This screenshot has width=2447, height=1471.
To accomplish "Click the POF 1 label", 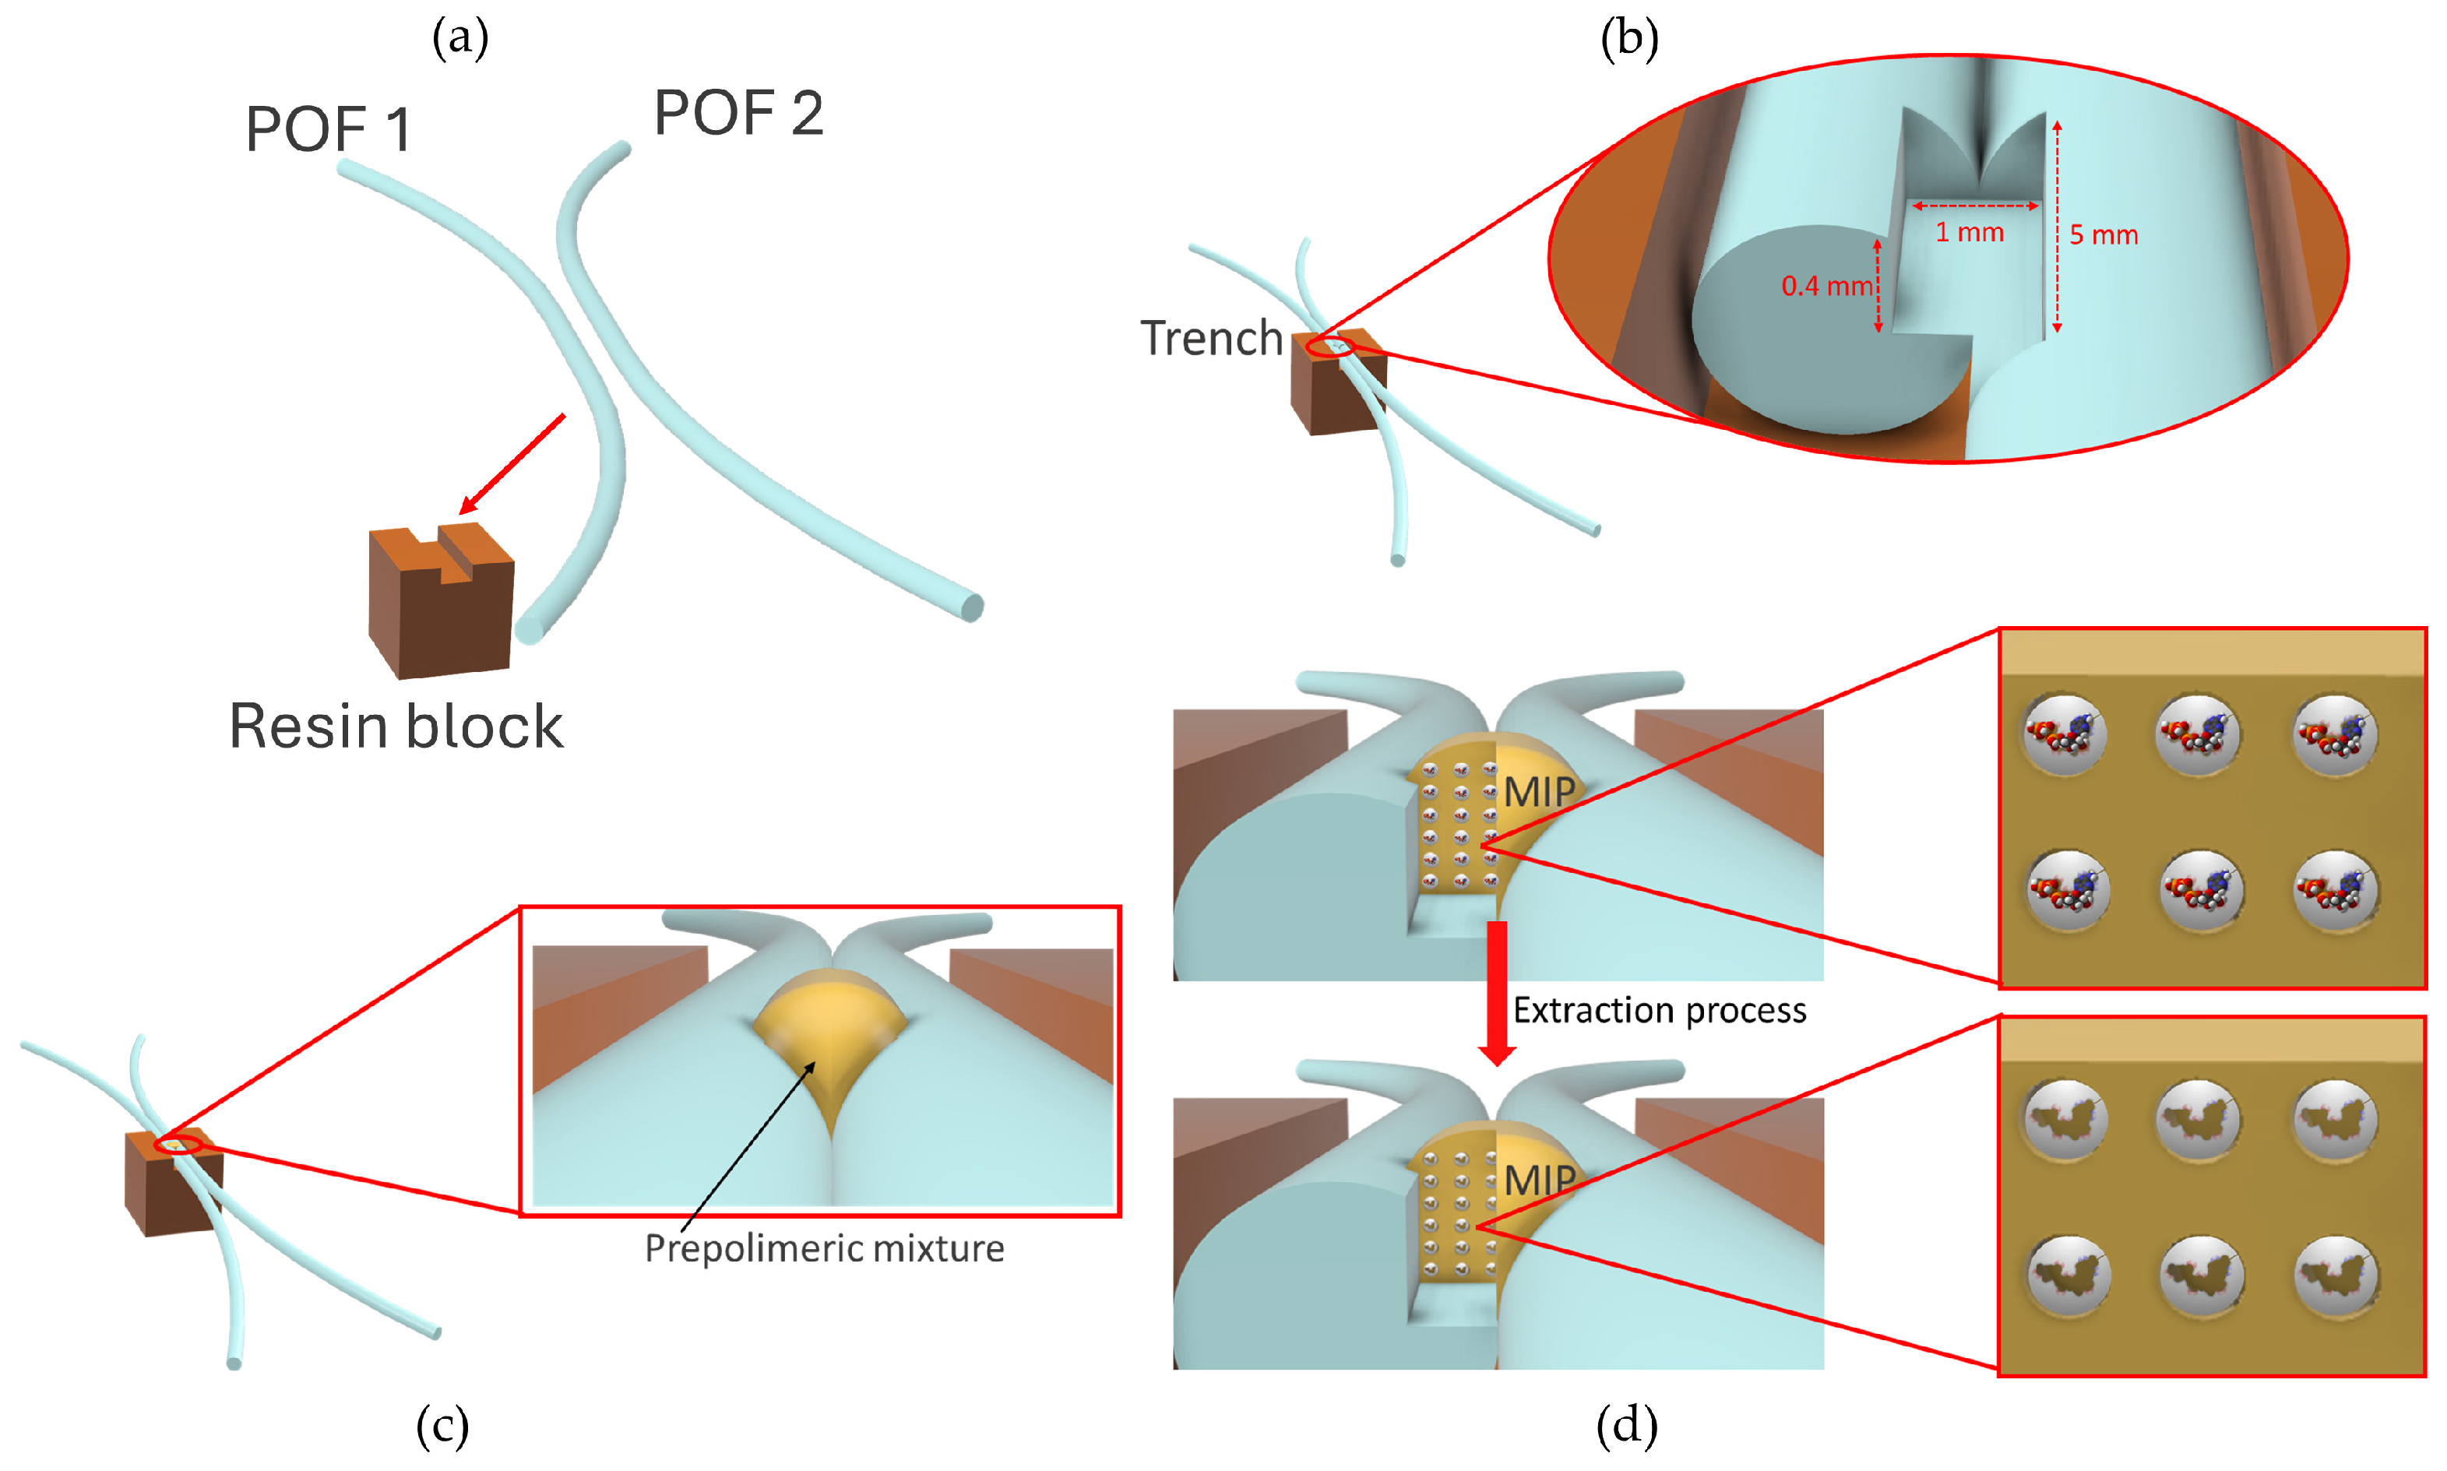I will point(328,130).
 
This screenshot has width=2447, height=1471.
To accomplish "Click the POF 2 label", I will point(738,113).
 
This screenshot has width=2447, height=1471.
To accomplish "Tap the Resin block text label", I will point(396,727).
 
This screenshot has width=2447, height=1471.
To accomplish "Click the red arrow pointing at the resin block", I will point(512,464).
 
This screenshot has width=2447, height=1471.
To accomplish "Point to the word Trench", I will point(1211,339).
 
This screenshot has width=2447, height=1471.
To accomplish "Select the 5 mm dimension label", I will point(2103,236).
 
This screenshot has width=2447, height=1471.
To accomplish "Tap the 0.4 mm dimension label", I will point(1826,287).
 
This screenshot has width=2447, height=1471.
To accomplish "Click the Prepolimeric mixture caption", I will point(824,1248).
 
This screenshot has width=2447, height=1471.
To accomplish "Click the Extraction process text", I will point(1659,1010).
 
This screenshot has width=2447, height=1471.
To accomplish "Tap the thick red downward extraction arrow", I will point(1497,991).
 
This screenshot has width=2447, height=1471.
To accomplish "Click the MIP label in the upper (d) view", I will point(1538,792).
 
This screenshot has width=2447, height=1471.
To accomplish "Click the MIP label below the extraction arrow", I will point(1539,1181).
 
